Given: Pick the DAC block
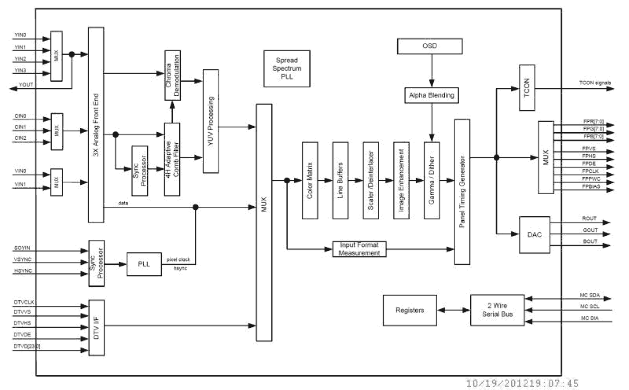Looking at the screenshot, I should point(534,233).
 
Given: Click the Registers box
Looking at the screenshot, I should point(410,310).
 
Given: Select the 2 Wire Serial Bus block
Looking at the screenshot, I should point(497,310).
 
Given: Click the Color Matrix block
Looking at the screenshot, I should point(310,180).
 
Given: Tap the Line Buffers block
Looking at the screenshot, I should point(340,180).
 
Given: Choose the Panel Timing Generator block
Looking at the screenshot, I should point(462,192).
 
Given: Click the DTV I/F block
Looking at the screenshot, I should point(96,328).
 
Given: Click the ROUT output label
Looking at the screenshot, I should point(589,218).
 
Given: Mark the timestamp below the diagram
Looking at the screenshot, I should point(522,383).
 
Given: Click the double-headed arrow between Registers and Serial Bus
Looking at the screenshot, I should point(452,310).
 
